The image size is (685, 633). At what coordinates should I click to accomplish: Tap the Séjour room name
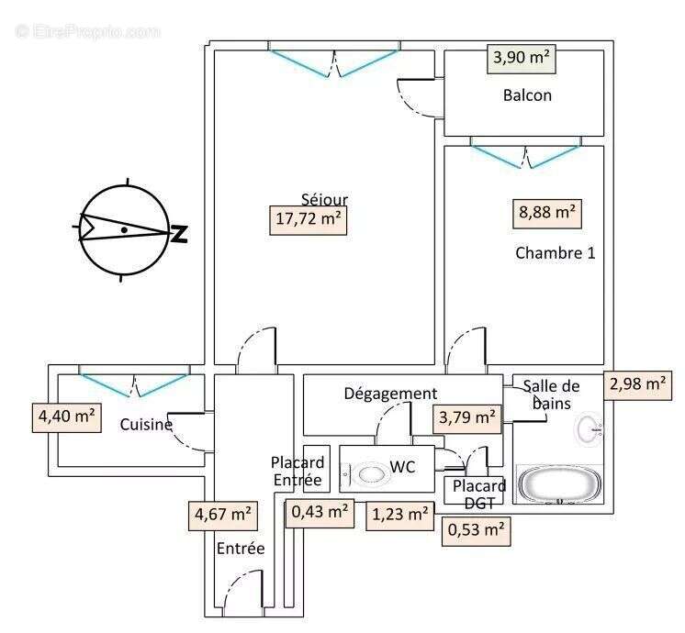[324, 199]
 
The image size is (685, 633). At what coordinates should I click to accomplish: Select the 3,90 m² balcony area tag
[522, 59]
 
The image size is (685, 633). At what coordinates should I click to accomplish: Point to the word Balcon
[527, 95]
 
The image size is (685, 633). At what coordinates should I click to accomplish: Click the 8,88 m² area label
[547, 214]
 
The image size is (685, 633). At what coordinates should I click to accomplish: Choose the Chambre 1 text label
[555, 253]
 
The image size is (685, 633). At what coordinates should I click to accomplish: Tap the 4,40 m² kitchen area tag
[66, 416]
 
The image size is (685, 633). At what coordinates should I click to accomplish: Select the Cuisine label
[146, 425]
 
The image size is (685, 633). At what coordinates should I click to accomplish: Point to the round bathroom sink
[588, 428]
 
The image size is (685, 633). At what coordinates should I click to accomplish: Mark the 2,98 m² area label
[636, 384]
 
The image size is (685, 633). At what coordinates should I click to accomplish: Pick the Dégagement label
[390, 394]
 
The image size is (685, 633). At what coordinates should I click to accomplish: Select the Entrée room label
[241, 549]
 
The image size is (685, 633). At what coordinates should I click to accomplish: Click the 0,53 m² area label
[477, 530]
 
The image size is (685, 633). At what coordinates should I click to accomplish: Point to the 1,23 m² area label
[399, 516]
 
